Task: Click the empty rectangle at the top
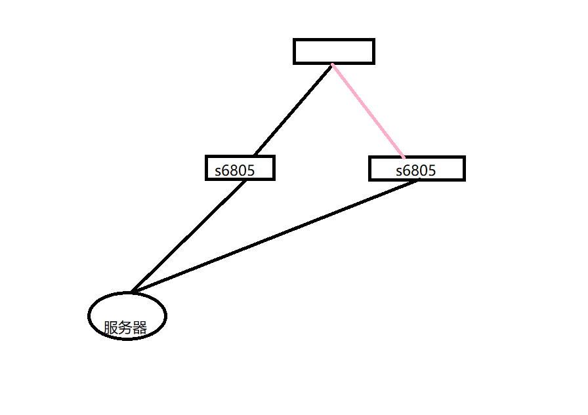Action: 333,51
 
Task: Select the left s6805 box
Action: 240,168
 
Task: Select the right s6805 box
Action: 417,168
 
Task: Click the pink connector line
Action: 367,111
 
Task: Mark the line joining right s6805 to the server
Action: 276,236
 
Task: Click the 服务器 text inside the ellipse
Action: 125,328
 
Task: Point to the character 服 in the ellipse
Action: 111,328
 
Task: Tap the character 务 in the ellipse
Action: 125,328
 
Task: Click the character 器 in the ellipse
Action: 139,328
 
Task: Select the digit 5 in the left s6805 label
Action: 249,171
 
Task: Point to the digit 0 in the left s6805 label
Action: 241,171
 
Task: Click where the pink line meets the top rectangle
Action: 333,64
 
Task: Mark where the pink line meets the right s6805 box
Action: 404,157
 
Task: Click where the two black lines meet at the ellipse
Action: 132,292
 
